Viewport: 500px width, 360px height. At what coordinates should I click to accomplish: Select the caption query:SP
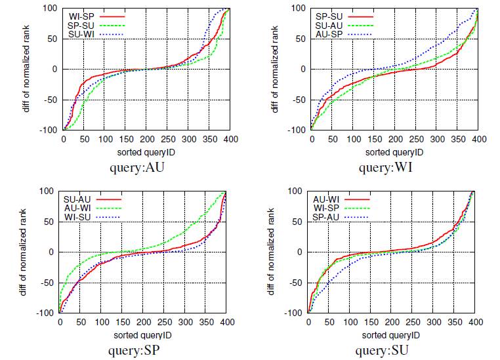tap(135, 350)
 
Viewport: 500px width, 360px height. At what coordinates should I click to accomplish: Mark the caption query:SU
tap(385, 350)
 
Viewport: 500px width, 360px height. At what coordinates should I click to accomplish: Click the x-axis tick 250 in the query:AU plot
tap(168, 139)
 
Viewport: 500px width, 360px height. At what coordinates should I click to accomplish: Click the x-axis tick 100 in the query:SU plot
tap(350, 322)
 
